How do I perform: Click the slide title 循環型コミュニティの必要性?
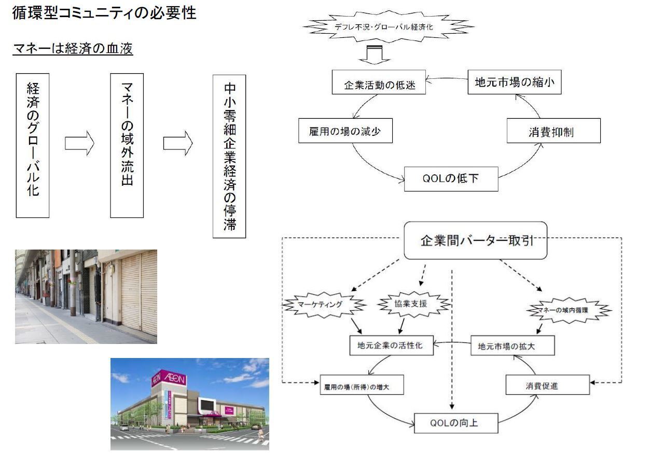click(104, 12)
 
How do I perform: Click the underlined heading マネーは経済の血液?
click(73, 49)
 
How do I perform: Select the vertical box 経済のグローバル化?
click(33, 145)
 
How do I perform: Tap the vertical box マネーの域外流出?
click(127, 145)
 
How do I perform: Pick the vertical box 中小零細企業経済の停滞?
click(229, 156)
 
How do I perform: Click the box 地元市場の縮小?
click(515, 82)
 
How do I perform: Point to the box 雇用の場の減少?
click(345, 131)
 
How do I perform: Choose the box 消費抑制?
click(553, 131)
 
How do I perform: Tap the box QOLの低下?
click(451, 179)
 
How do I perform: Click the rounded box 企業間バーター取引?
click(475, 241)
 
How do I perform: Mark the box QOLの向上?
click(456, 423)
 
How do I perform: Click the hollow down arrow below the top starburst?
click(370, 54)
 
